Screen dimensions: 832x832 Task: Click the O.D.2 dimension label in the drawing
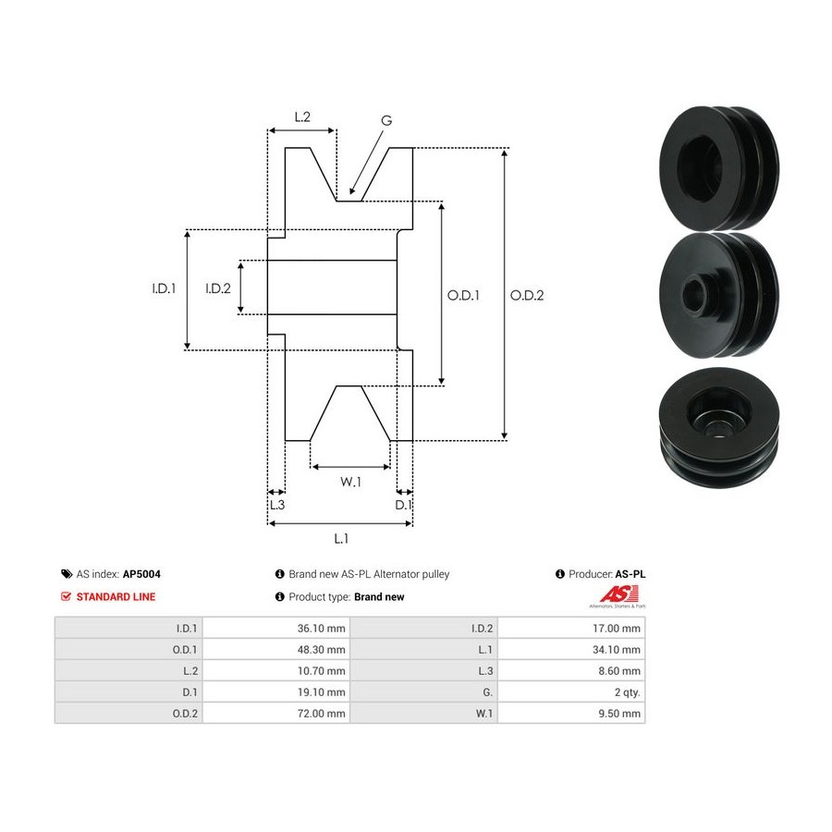(527, 296)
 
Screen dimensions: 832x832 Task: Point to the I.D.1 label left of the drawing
(164, 288)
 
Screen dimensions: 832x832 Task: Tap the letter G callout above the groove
(386, 121)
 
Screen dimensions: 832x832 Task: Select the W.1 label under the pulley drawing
(350, 482)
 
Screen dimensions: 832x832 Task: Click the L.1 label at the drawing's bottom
(341, 539)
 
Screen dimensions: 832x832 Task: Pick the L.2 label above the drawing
(302, 116)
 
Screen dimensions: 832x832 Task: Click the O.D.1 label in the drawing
(463, 296)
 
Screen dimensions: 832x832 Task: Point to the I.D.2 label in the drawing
(218, 288)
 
